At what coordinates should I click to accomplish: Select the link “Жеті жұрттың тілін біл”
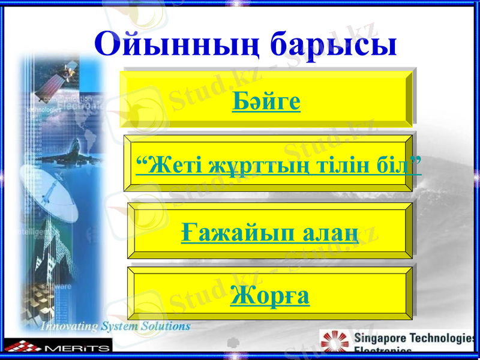[278, 164]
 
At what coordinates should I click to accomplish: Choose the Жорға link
[270, 295]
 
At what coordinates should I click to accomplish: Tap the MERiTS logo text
[77, 347]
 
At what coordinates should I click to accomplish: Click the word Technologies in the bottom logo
[444, 337]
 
